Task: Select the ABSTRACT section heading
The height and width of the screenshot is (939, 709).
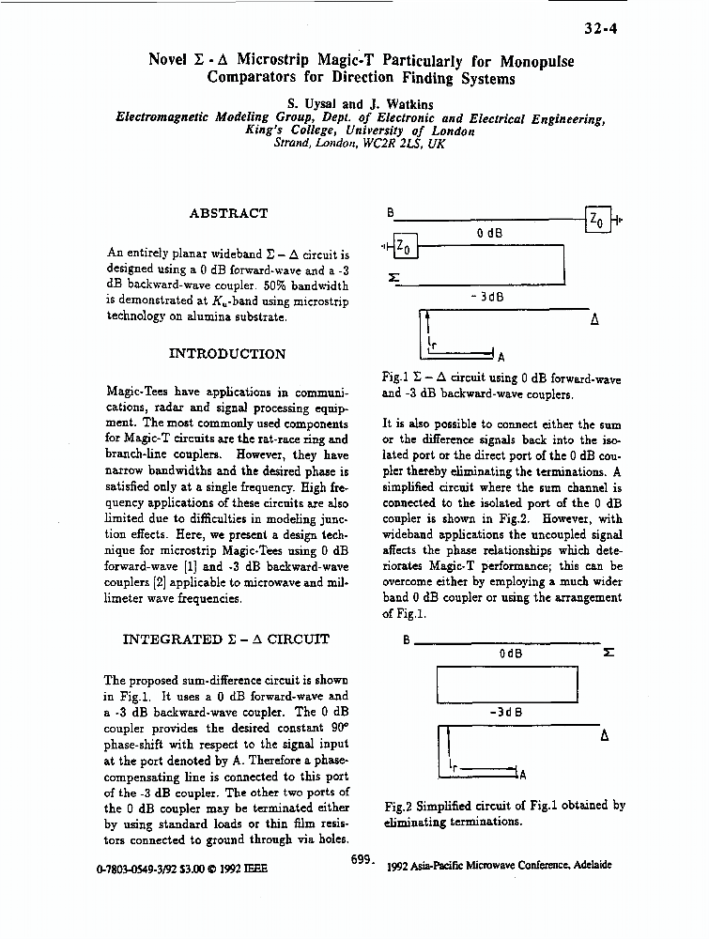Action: tap(228, 213)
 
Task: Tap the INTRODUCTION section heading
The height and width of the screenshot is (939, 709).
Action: tap(226, 354)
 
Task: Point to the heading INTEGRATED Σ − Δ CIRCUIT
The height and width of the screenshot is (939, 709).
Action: tap(226, 639)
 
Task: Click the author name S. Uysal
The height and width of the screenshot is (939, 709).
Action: tap(312, 103)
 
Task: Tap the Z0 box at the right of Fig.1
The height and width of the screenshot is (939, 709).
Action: tap(596, 219)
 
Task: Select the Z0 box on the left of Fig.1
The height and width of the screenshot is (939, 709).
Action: tap(405, 246)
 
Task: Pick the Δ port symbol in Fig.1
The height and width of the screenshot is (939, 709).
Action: tap(593, 319)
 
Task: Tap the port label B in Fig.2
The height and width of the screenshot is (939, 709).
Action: tap(406, 641)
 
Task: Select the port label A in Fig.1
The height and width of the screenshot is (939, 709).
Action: tap(501, 357)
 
